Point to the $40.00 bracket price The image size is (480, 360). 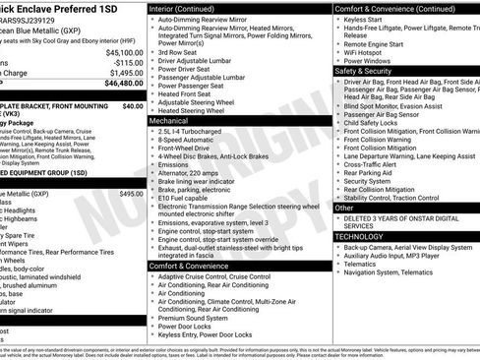pyautogui.click(x=133, y=105)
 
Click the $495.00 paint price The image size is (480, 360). pyautogui.click(x=131, y=195)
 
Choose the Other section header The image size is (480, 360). pyautogui.click(x=344, y=208)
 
